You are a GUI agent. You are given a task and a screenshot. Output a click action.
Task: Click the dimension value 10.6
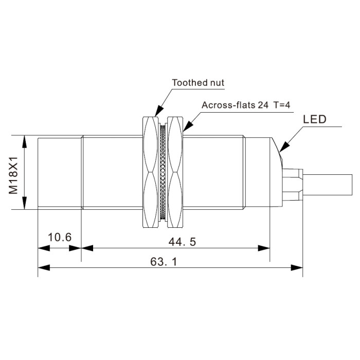coord(60,237)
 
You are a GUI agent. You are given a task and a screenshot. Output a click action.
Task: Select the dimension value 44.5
coord(182,242)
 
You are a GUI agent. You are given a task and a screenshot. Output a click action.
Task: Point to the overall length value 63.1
coord(164,261)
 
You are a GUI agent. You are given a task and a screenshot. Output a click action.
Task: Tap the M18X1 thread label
coord(13,175)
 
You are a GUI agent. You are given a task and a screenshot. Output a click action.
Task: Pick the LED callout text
coord(315,119)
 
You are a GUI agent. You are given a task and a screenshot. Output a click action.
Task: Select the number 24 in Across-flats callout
coord(263,105)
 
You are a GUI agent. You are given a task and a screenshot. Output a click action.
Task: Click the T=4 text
coord(282,105)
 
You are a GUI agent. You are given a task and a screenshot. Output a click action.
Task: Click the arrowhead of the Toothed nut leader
coord(158,111)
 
